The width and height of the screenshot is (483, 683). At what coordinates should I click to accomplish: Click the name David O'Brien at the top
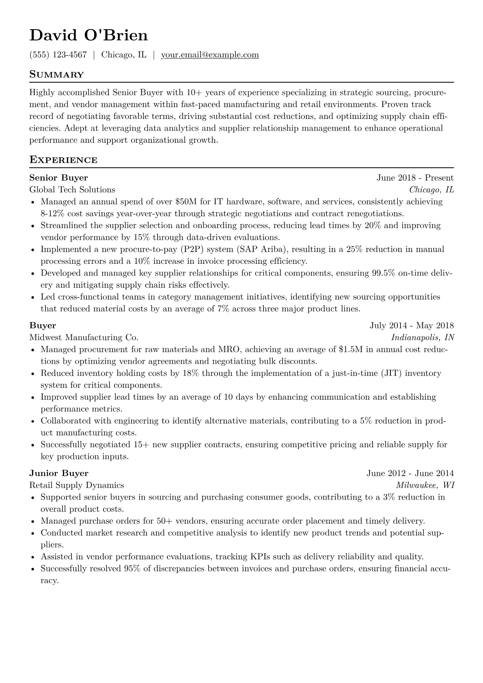(x=88, y=36)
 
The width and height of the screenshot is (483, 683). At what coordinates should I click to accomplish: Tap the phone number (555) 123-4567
(x=58, y=55)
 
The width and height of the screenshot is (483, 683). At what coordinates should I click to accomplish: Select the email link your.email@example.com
(x=210, y=55)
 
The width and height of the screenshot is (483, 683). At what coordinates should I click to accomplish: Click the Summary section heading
(x=57, y=75)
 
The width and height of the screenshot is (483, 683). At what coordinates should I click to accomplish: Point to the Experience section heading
(x=63, y=160)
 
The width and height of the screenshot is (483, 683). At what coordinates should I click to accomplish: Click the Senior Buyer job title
(x=58, y=178)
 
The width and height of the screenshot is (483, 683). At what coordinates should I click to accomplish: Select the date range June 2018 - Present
(x=415, y=178)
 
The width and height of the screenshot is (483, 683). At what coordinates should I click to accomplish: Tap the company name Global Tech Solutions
(x=72, y=190)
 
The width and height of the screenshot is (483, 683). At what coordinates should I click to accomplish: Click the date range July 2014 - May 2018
(x=412, y=325)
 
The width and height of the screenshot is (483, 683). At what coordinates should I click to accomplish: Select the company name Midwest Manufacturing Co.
(x=84, y=337)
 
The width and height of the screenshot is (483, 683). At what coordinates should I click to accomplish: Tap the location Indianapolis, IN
(x=423, y=337)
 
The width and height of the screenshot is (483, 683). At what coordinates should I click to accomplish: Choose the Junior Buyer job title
(x=59, y=473)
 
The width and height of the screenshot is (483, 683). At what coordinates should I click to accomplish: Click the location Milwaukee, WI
(x=425, y=485)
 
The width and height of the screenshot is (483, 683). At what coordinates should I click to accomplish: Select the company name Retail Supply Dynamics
(x=77, y=485)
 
